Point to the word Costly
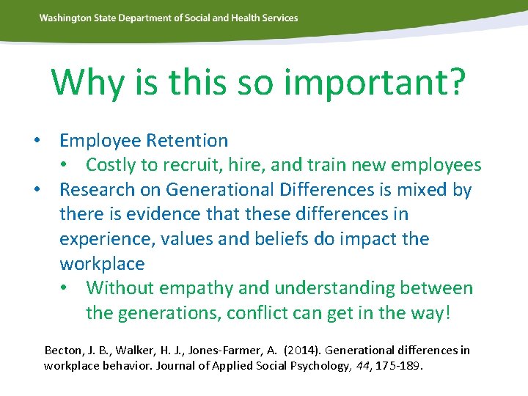[x=114, y=165]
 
